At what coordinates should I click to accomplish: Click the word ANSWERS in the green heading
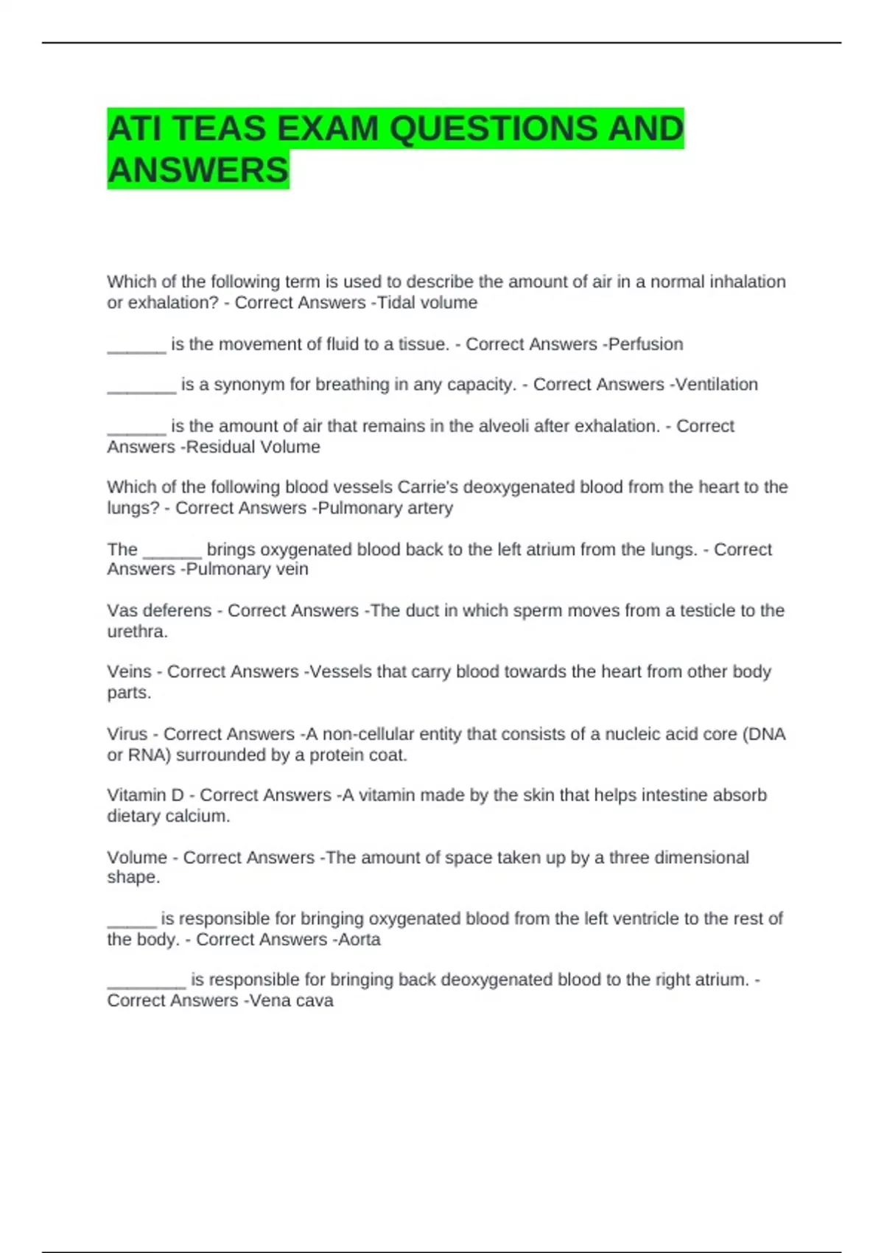tap(198, 170)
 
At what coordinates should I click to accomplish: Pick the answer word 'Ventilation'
tap(717, 385)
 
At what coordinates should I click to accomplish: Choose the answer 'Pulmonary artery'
tap(385, 509)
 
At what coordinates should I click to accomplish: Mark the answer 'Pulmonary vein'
tap(247, 570)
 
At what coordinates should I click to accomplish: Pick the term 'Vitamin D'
tap(145, 795)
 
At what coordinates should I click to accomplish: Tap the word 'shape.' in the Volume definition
tap(133, 878)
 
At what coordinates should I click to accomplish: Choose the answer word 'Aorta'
tap(359, 940)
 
